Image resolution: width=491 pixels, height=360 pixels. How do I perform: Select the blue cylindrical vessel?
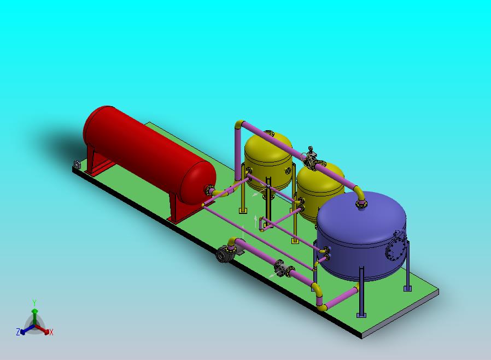pos(361,235)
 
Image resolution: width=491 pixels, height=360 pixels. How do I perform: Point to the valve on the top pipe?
pos(311,158)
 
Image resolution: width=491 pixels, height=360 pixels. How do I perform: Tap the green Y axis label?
pos(34,303)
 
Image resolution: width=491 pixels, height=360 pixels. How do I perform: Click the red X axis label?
pos(51,332)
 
